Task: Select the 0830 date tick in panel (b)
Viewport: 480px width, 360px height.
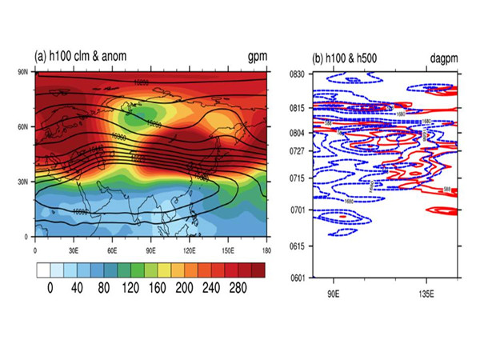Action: (x=298, y=74)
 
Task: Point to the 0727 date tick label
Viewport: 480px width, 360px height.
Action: (x=298, y=150)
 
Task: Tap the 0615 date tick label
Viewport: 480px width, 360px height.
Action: (x=298, y=245)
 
